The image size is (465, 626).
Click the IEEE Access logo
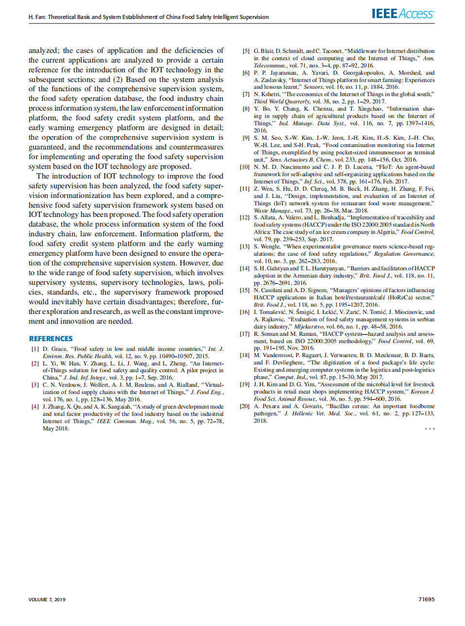coord(403,14)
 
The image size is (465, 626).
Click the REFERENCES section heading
coord(51,339)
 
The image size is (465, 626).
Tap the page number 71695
coord(426,599)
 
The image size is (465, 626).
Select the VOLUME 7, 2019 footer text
coord(47,599)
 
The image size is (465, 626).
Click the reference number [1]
coord(35,349)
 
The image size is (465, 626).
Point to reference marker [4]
coord(35,407)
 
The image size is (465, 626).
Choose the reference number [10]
coord(245,167)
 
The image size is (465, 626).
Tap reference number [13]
coord(245,247)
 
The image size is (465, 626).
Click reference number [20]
coord(245,406)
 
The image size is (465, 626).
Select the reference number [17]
coord(245,334)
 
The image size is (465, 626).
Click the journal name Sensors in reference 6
coord(313,87)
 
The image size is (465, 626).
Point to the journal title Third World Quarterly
coord(282,101)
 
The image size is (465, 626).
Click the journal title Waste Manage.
coord(272,211)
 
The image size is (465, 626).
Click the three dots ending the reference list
coord(430,428)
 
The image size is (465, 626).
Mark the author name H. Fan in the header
coord(36,17)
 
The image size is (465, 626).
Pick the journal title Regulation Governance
coord(404,254)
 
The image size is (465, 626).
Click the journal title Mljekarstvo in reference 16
coord(308,327)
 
